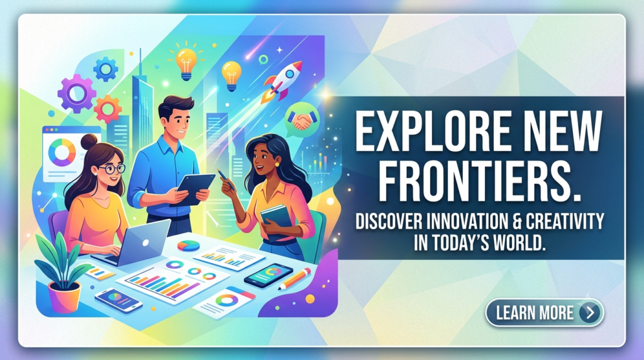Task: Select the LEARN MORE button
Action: click(545, 313)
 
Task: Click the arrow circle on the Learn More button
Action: click(590, 313)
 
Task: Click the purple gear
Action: click(77, 94)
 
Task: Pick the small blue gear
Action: click(106, 69)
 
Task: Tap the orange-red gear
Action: click(108, 109)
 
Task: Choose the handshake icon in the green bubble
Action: click(302, 120)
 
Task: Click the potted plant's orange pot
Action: click(65, 297)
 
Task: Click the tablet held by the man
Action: click(192, 189)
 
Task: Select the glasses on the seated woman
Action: click(112, 169)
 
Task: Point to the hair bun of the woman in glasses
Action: click(89, 142)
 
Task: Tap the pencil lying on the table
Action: click(294, 279)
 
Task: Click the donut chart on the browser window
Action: click(62, 152)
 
